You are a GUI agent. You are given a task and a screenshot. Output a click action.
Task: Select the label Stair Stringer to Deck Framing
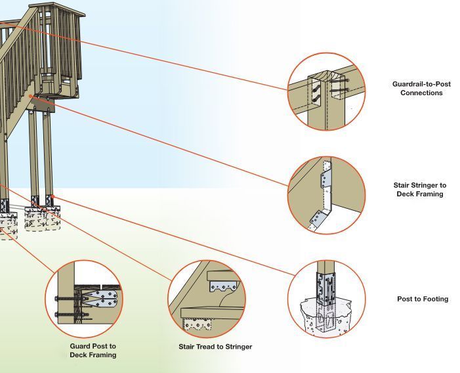(419, 190)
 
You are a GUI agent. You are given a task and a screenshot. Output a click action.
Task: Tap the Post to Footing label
(423, 299)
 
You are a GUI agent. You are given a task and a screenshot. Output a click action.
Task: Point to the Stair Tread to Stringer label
(215, 347)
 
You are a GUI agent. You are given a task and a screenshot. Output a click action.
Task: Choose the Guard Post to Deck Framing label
(93, 350)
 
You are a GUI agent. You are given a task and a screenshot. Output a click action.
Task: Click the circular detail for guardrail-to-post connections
(326, 91)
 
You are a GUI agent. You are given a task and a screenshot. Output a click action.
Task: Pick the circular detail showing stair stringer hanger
(326, 195)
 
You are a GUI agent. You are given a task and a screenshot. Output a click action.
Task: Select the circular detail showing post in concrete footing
(326, 299)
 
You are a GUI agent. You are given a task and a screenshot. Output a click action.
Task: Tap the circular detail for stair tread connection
(206, 299)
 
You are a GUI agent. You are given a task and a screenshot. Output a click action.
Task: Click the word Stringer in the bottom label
(236, 347)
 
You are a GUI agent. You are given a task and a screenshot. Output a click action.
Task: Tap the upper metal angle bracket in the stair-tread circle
(221, 286)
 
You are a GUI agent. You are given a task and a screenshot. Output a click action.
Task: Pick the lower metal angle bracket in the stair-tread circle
(199, 324)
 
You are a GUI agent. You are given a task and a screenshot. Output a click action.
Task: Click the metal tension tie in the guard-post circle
(98, 299)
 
